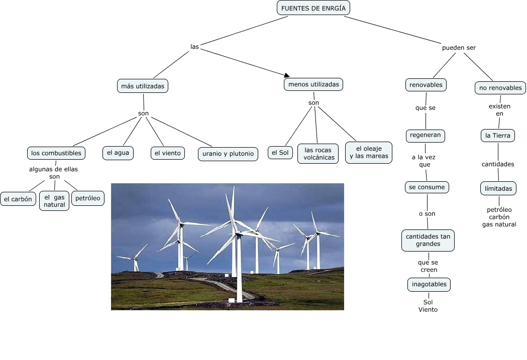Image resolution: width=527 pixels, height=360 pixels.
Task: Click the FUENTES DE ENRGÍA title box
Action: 313,8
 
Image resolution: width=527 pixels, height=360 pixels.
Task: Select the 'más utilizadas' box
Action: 143,86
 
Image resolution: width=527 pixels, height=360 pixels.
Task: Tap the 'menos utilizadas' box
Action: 313,84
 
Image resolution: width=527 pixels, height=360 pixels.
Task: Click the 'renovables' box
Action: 426,85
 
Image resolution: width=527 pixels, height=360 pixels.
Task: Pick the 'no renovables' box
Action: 500,88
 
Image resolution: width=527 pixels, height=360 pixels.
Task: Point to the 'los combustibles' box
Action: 56,153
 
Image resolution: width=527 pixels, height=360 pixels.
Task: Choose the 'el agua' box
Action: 118,153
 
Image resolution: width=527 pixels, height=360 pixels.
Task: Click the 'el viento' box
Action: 168,153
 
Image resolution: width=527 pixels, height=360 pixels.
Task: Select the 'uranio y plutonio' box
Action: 228,154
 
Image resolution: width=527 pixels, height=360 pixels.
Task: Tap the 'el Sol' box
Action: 280,153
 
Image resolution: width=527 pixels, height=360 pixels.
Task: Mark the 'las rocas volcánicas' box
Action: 318,154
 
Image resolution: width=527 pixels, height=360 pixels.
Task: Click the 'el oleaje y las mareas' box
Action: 369,153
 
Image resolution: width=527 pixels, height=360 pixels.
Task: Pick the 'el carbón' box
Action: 18,199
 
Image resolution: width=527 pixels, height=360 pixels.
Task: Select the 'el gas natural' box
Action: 54,201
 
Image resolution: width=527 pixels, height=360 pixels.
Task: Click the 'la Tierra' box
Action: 498,136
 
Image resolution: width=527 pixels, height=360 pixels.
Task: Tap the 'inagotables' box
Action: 429,284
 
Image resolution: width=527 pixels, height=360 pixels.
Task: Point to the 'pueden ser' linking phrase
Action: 459,48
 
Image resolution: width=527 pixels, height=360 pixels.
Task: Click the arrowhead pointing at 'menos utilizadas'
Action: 287,75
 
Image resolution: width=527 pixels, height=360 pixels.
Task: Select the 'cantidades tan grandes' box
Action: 428,240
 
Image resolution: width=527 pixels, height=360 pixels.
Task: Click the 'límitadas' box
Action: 498,188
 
